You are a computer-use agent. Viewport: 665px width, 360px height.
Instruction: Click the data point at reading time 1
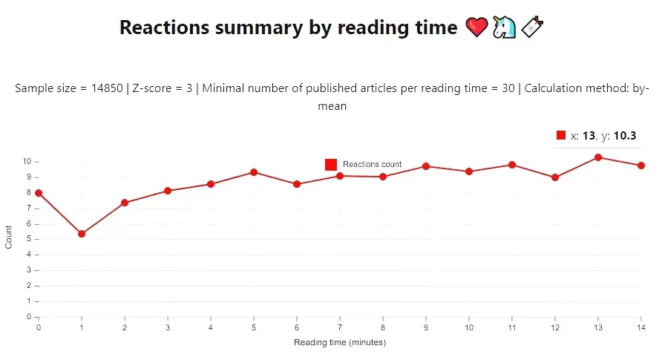[x=82, y=234]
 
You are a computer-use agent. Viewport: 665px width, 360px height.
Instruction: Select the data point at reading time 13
[x=598, y=157]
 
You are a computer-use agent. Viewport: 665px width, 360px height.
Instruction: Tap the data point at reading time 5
[x=254, y=172]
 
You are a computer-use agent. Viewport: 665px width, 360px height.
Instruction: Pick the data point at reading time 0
[x=39, y=193]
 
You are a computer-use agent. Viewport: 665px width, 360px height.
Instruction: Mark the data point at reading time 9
[x=426, y=166]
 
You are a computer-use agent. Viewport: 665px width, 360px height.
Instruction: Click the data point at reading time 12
[x=555, y=177]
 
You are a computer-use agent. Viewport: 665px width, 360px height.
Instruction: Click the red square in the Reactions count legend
[x=331, y=164]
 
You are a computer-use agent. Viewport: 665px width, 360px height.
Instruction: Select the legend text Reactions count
[x=372, y=164]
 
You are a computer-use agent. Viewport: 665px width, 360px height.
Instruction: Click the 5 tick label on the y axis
[x=27, y=239]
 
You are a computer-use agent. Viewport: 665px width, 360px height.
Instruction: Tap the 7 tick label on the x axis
[x=340, y=327]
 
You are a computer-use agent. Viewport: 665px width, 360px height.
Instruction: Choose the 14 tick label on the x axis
[x=641, y=327]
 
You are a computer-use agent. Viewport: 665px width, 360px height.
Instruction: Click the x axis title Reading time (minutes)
[x=340, y=342]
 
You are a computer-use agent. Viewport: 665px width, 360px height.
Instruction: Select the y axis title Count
[x=9, y=239]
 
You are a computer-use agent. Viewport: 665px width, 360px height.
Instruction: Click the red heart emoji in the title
[x=476, y=28]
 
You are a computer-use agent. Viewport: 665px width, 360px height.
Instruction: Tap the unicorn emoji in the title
[x=505, y=28]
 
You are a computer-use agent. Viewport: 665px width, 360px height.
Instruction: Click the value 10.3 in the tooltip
[x=625, y=136]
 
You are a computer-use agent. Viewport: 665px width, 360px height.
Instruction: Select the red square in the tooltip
[x=561, y=135]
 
